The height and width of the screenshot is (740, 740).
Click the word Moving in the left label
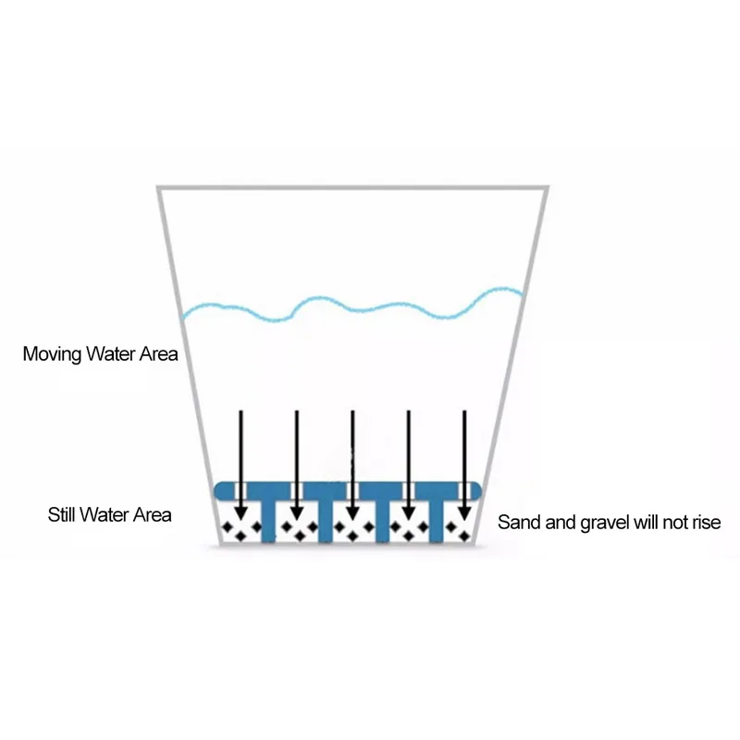pos(50,354)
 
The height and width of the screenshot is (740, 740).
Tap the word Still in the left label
pos(63,515)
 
